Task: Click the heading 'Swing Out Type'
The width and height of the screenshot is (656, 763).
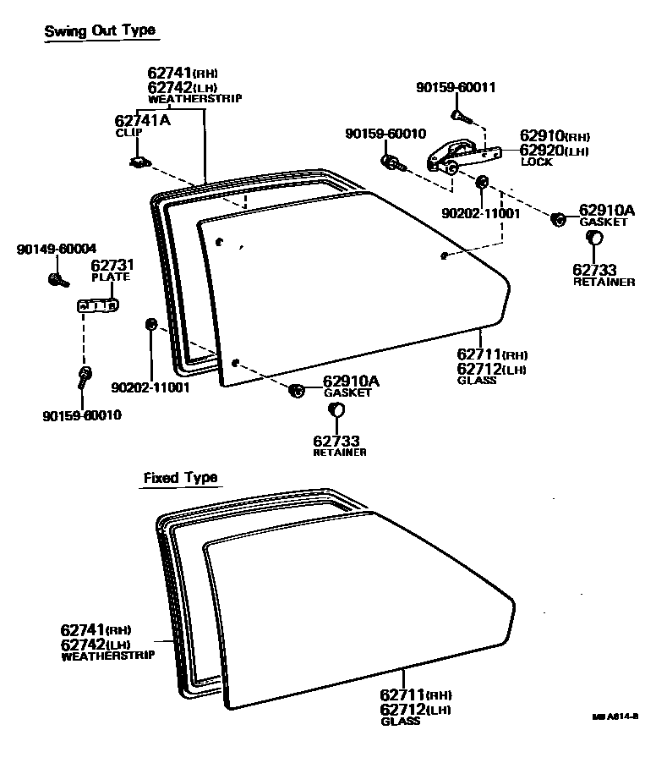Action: tap(100, 31)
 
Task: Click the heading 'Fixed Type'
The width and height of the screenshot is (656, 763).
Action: tap(180, 478)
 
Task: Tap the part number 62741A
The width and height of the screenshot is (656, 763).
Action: tap(142, 121)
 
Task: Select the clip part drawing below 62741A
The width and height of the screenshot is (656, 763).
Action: tap(139, 161)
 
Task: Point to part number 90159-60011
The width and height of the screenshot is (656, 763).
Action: tap(456, 88)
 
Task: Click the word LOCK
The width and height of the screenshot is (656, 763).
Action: tap(537, 162)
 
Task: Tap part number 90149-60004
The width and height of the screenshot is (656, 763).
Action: tap(57, 249)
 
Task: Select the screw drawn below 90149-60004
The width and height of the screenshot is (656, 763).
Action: tap(57, 278)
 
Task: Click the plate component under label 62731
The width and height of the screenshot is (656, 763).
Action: tap(97, 305)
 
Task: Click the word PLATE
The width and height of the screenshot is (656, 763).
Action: tap(110, 277)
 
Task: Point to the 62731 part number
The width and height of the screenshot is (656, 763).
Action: tap(112, 266)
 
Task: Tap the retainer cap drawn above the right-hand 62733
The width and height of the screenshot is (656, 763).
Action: tap(594, 240)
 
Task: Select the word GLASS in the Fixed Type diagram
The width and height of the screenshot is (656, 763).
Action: tap(400, 721)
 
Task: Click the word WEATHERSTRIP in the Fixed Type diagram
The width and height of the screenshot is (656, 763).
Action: tap(108, 656)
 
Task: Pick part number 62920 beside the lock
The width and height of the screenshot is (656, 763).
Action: tap(541, 151)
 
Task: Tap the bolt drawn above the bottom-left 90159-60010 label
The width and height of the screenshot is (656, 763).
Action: tap(85, 377)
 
